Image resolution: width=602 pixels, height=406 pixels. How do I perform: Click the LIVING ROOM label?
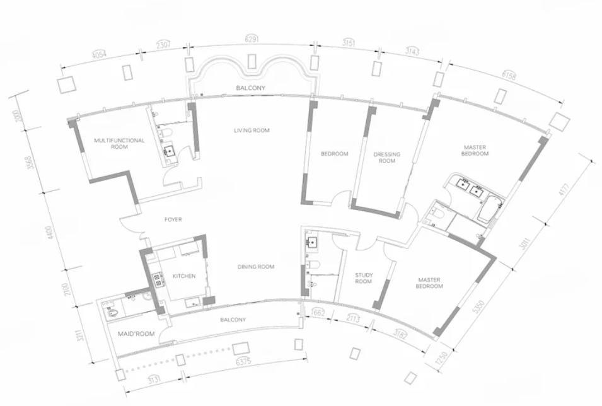pyautogui.click(x=252, y=130)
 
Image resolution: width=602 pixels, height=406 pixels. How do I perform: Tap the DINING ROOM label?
pyautogui.click(x=256, y=267)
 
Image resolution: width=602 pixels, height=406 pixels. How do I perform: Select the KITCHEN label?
pyautogui.click(x=184, y=275)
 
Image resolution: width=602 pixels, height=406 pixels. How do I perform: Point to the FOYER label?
pyautogui.click(x=173, y=219)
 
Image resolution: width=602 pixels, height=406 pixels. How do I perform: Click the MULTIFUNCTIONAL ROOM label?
pyautogui.click(x=119, y=143)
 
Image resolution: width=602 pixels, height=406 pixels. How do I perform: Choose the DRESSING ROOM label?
pyautogui.click(x=386, y=158)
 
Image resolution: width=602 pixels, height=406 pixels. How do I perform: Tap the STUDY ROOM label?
pyautogui.click(x=364, y=278)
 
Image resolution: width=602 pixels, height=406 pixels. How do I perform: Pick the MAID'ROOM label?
pyautogui.click(x=136, y=333)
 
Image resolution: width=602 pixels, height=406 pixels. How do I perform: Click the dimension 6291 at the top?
pyautogui.click(x=252, y=39)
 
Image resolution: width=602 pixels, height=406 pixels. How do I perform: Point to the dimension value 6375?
pyautogui.click(x=243, y=361)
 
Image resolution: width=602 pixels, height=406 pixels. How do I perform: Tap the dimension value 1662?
pyautogui.click(x=318, y=313)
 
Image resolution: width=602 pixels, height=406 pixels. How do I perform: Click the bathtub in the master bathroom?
pyautogui.click(x=490, y=209)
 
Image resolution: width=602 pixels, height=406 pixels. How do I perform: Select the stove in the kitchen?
pyautogui.click(x=157, y=279)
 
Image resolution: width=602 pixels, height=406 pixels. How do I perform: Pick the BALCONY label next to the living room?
pyautogui.click(x=250, y=88)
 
